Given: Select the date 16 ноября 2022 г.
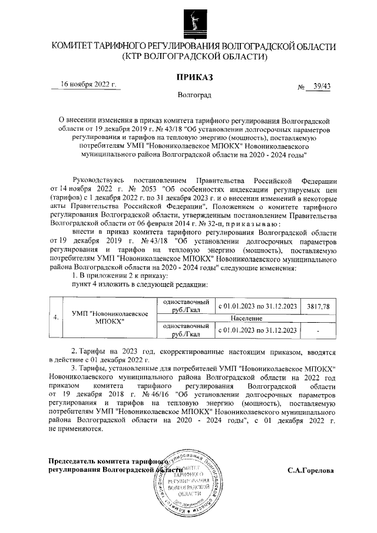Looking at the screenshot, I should tap(89, 84).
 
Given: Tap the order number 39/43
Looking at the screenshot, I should tap(322, 87).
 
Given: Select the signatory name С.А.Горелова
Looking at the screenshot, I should tap(310, 471).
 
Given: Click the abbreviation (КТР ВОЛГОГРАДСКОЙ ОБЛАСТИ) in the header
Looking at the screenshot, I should tap(194, 58).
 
